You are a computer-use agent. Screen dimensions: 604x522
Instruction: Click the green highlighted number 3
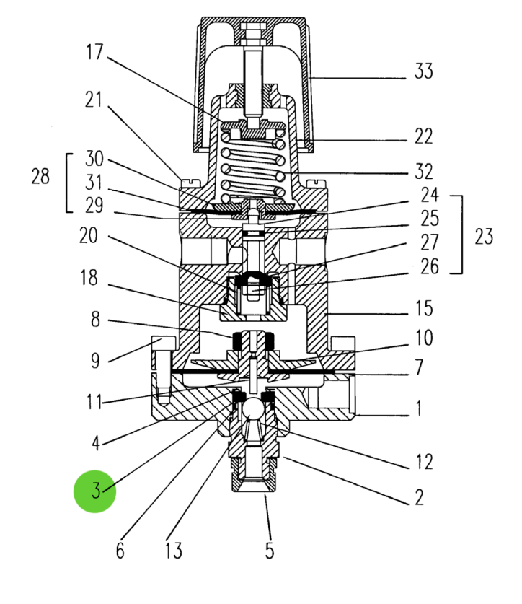pyautogui.click(x=95, y=491)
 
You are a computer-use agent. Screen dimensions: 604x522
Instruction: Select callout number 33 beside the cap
pyautogui.click(x=424, y=72)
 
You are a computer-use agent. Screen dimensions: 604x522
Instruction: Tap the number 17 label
pyautogui.click(x=94, y=52)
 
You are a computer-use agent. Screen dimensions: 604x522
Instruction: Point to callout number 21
pyautogui.click(x=94, y=100)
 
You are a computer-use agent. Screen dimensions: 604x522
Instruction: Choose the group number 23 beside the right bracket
pyautogui.click(x=484, y=235)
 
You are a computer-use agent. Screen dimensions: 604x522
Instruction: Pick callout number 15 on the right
pyautogui.click(x=424, y=309)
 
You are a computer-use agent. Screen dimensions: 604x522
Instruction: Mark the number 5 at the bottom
pyautogui.click(x=269, y=551)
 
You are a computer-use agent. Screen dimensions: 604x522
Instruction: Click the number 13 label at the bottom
pyautogui.click(x=173, y=551)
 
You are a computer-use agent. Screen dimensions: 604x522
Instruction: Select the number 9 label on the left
pyautogui.click(x=95, y=360)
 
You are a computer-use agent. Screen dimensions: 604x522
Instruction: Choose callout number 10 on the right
pyautogui.click(x=424, y=337)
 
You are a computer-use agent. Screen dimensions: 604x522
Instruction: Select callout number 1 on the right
pyautogui.click(x=418, y=408)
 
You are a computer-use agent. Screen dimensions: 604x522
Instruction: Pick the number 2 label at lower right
pyautogui.click(x=418, y=497)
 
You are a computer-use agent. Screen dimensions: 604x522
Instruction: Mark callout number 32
pyautogui.click(x=424, y=172)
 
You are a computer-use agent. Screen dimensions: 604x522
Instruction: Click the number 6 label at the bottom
pyautogui.click(x=120, y=551)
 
